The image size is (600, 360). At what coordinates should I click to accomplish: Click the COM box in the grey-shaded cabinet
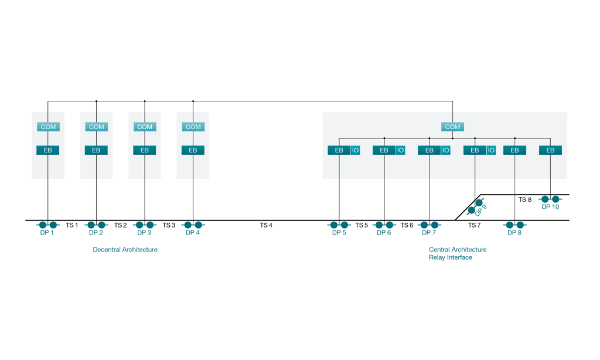[48, 127]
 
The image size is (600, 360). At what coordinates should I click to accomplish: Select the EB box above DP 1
[48, 150]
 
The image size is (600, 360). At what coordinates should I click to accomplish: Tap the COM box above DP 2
[97, 127]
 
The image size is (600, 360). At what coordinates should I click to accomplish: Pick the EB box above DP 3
[145, 150]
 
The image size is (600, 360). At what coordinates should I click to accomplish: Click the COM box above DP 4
[193, 127]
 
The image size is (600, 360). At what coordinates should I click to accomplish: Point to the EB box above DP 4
[193, 150]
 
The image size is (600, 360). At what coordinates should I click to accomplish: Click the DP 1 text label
[48, 233]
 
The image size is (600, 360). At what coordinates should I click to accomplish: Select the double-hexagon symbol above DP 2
[97, 225]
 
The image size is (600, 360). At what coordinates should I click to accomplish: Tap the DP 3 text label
[145, 233]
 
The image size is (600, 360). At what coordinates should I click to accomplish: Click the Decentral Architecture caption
[125, 250]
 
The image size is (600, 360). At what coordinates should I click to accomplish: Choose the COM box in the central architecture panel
[452, 127]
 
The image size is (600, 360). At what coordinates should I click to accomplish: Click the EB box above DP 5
[339, 150]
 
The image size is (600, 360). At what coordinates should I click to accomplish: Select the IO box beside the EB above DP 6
[401, 150]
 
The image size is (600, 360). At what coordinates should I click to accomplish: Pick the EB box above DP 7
[429, 150]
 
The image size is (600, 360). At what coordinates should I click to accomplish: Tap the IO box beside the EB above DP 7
[446, 150]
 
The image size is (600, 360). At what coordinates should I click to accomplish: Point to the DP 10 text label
[550, 207]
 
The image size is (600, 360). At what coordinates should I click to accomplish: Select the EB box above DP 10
[550, 150]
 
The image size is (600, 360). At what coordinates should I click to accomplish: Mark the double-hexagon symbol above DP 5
[339, 225]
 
